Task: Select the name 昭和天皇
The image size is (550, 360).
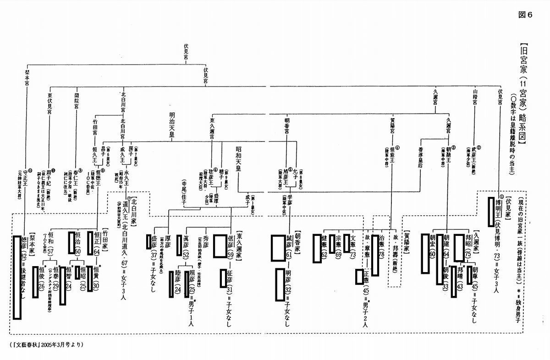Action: pyautogui.click(x=238, y=158)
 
